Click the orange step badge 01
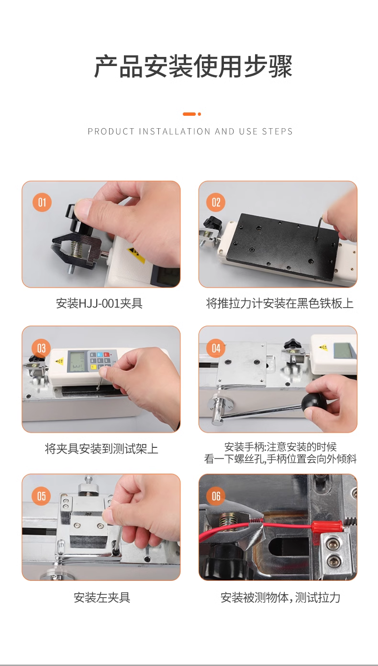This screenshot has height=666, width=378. tap(42, 202)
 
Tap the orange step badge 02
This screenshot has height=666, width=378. tap(216, 202)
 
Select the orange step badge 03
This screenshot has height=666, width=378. tap(41, 348)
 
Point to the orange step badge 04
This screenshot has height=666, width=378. tap(216, 348)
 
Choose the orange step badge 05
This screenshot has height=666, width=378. tap(41, 496)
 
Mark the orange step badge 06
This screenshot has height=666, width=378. tap(216, 496)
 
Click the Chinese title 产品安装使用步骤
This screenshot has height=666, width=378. tap(193, 67)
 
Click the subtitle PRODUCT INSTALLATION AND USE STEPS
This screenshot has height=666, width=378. tap(190, 132)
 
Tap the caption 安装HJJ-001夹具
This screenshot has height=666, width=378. tap(100, 303)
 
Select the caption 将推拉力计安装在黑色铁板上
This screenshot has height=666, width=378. tap(279, 303)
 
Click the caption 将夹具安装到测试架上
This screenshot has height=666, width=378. tap(101, 449)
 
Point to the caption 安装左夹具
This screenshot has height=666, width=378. tap(102, 597)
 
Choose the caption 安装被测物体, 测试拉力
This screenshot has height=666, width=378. tap(280, 597)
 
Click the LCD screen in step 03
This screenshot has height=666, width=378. tap(78, 361)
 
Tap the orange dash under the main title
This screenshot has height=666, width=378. tap(189, 114)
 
